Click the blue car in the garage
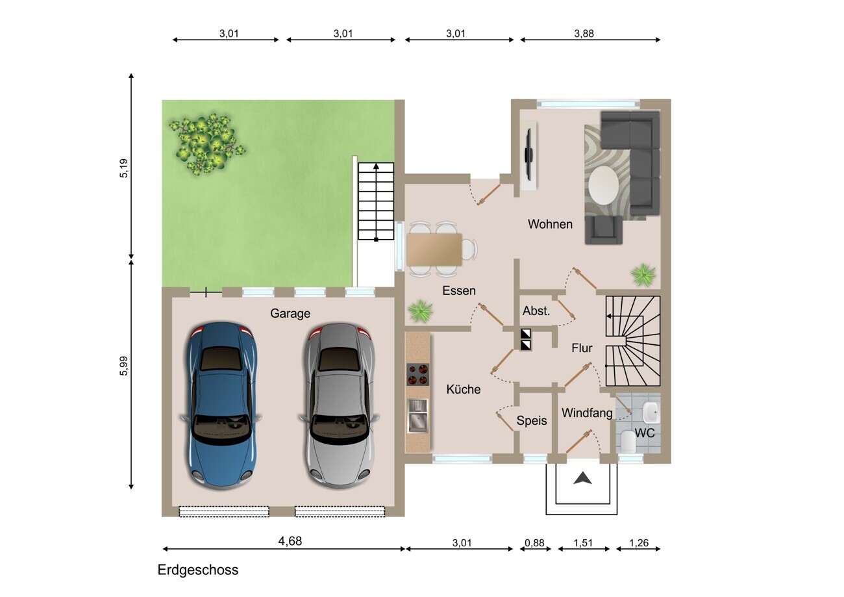(221, 405)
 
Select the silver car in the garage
(339, 405)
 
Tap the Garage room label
(290, 313)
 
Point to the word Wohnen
(550, 224)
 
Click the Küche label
(464, 389)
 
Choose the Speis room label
(532, 420)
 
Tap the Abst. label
(536, 311)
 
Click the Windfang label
(587, 413)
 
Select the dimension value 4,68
(290, 541)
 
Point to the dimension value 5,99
(123, 366)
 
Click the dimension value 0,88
(534, 543)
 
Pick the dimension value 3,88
(584, 34)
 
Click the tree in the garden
(206, 144)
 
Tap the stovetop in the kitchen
(418, 374)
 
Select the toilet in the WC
(628, 441)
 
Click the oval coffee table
(603, 186)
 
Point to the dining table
(434, 249)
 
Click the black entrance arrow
(582, 478)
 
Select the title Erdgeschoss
(198, 570)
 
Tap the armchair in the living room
(604, 230)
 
